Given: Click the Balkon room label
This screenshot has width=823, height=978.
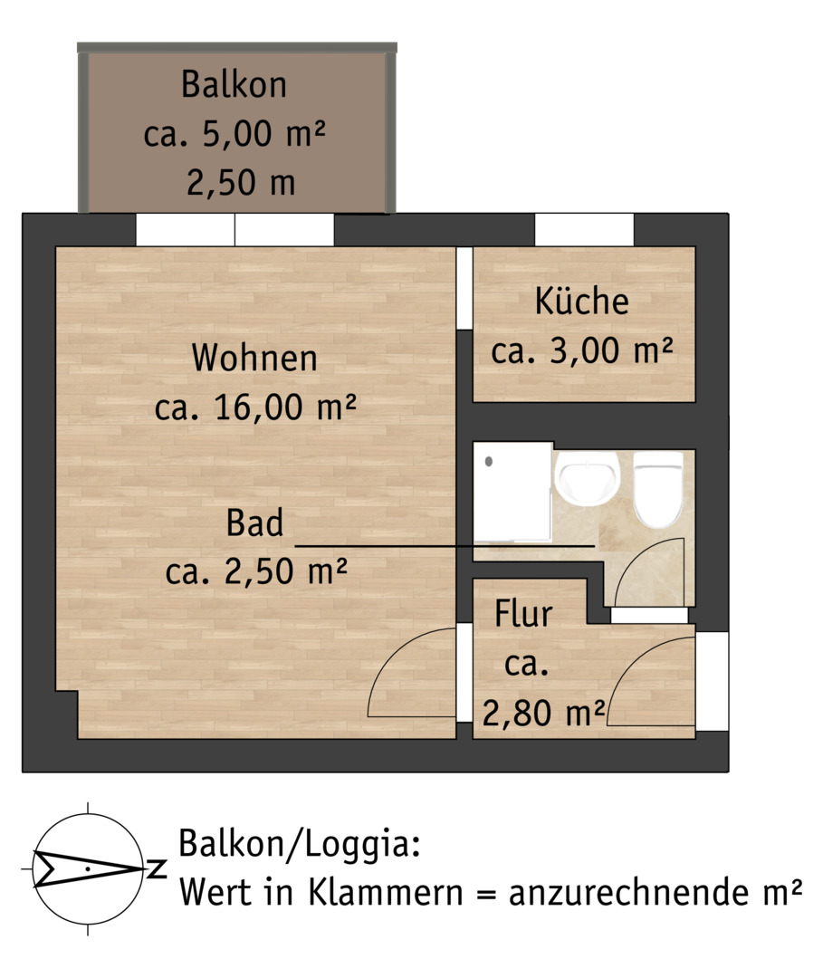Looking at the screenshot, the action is [x=234, y=84].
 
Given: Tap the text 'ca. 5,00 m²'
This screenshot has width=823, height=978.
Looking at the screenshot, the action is [x=234, y=133].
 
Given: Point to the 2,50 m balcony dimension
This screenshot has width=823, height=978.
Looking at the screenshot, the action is [x=241, y=182].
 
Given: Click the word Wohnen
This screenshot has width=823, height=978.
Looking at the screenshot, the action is [x=254, y=358].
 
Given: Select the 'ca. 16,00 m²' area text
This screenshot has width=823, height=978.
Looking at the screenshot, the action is [x=255, y=407].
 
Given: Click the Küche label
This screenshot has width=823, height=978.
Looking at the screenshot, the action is [x=581, y=301].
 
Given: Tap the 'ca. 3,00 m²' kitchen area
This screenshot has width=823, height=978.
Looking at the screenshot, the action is [x=581, y=350].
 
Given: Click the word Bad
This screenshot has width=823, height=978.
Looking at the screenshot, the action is [x=254, y=523].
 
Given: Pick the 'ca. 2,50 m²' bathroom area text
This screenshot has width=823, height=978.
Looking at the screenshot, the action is [x=255, y=570].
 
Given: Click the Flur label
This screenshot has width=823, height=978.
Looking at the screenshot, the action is [x=523, y=614].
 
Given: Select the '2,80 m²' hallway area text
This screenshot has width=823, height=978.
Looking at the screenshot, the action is [x=543, y=713].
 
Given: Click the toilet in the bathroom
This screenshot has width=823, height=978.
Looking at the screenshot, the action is [x=658, y=491].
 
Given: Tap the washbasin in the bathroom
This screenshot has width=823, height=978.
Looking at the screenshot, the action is [x=588, y=478].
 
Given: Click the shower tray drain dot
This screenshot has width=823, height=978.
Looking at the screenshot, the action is [x=489, y=462].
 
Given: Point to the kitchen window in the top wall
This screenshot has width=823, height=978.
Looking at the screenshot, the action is [x=584, y=230].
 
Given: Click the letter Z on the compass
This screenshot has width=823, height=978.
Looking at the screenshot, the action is [x=157, y=868].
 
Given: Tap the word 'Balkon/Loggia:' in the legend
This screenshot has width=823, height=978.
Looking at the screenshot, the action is [x=300, y=845].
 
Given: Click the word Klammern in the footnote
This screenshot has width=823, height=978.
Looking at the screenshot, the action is [x=386, y=893].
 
